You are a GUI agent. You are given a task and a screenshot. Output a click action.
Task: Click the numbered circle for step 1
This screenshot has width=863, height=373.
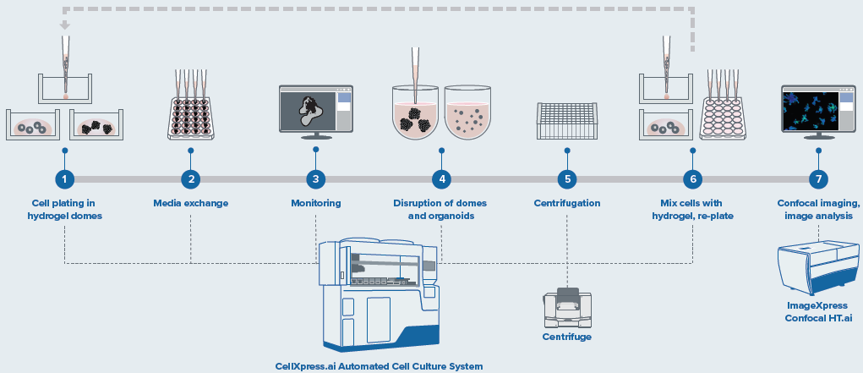(65, 179)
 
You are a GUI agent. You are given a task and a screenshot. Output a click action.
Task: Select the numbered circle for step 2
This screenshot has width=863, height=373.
(191, 179)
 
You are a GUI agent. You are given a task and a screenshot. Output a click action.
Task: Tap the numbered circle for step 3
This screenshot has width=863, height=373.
(316, 179)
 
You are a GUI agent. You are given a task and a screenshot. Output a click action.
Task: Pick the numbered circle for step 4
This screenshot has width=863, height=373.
(440, 179)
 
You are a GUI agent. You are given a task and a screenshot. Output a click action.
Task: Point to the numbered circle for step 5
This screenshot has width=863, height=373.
(567, 179)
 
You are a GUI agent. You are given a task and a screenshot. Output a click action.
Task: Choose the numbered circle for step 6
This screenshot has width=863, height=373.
(693, 179)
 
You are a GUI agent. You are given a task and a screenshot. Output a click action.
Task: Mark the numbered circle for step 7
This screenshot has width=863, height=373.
(818, 179)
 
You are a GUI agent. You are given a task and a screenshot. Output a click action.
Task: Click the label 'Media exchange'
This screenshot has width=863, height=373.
(191, 203)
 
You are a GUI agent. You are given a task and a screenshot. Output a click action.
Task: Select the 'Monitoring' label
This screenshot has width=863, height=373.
(316, 203)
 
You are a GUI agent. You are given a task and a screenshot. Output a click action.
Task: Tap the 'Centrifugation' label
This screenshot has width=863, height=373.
(567, 203)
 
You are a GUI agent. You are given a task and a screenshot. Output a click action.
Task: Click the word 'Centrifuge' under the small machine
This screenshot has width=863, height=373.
(566, 337)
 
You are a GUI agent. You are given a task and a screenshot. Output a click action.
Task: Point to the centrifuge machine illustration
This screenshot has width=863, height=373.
(567, 307)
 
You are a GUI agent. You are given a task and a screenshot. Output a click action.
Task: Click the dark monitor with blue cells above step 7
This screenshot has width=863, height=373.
(817, 111)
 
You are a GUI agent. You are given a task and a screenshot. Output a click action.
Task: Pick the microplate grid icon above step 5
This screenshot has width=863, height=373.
(567, 121)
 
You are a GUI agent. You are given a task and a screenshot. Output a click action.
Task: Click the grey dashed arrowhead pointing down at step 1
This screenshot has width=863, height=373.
(65, 25)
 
